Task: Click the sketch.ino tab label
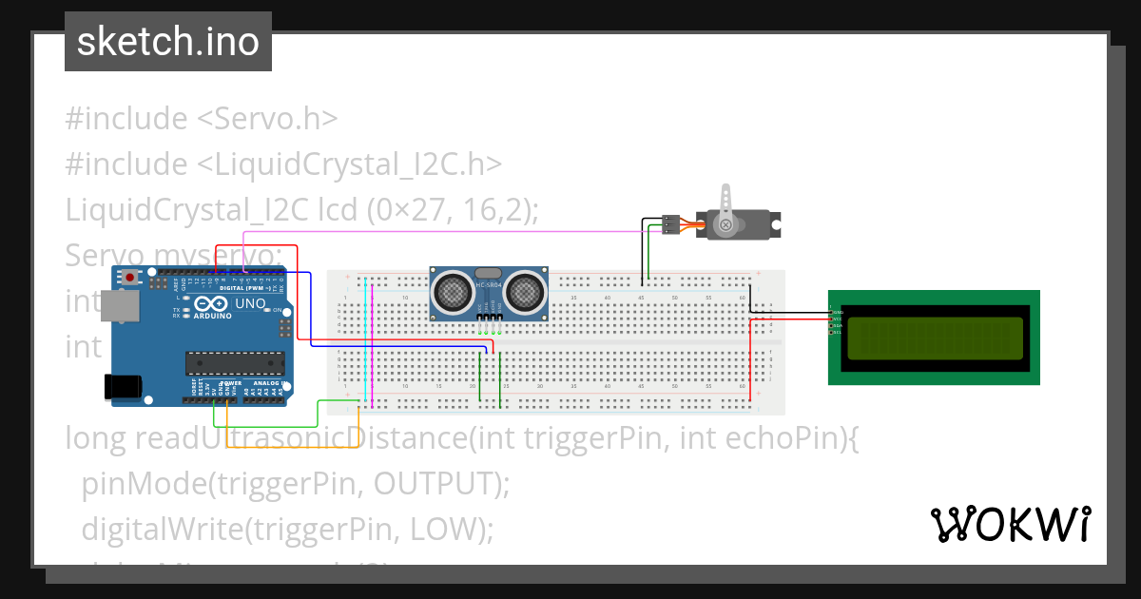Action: pyautogui.click(x=167, y=42)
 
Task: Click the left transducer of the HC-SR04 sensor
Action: pyautogui.click(x=454, y=293)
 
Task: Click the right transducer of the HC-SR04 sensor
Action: pyautogui.click(x=524, y=293)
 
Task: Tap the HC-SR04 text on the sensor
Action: pyautogui.click(x=489, y=284)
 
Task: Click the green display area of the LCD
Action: pyautogui.click(x=935, y=338)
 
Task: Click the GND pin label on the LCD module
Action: pyautogui.click(x=837, y=311)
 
